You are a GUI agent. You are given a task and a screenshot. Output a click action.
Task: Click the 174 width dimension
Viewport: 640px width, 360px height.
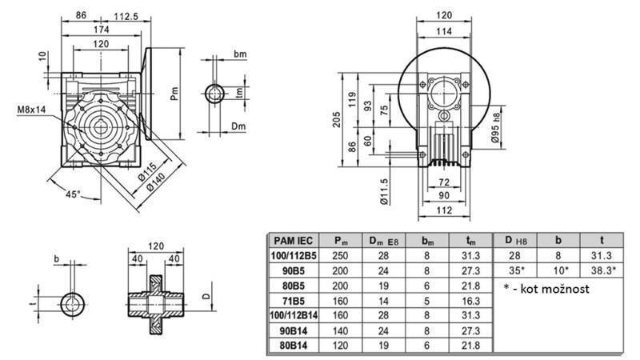click(x=102, y=30)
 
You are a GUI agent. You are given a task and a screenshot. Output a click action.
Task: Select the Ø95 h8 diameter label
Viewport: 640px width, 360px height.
click(x=496, y=129)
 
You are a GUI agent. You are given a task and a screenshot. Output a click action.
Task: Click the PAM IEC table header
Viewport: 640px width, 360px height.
click(x=294, y=240)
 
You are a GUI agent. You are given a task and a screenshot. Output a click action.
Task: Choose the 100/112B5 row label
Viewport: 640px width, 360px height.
click(x=294, y=254)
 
